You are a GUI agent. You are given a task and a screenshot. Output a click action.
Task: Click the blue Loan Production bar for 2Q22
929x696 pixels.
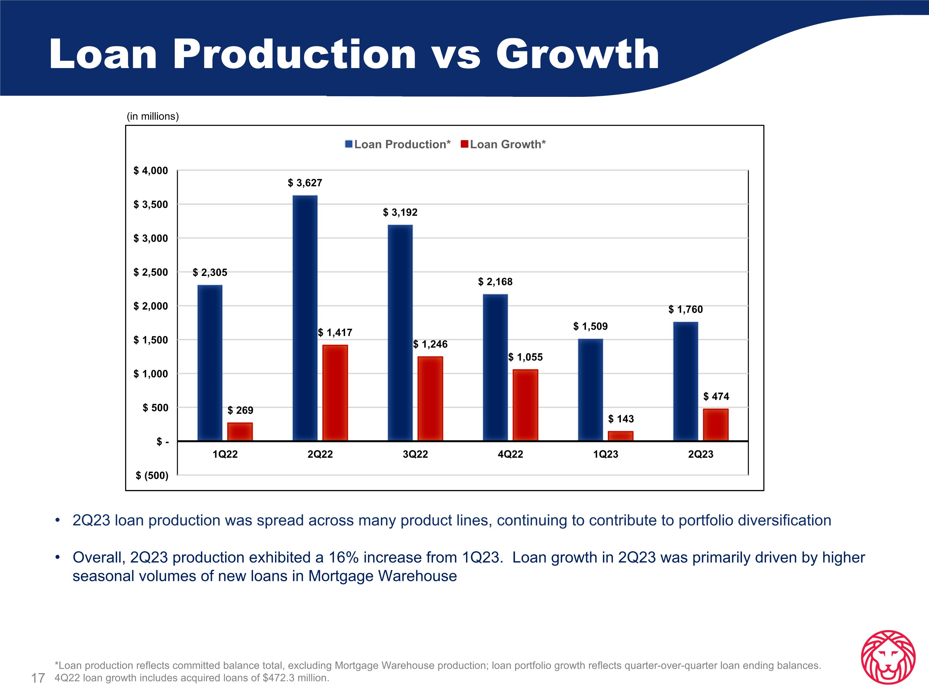pyautogui.click(x=305, y=318)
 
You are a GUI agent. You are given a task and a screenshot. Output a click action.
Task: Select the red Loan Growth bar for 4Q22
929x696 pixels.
pyautogui.click(x=526, y=405)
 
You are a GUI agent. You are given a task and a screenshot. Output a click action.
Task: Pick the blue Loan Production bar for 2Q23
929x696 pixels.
pyautogui.click(x=685, y=381)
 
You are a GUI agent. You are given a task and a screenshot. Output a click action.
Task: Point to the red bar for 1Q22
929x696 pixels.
pyautogui.click(x=240, y=432)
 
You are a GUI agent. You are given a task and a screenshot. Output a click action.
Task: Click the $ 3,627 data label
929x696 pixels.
pyautogui.click(x=305, y=183)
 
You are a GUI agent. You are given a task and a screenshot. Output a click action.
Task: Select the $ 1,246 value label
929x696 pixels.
pyautogui.click(x=430, y=344)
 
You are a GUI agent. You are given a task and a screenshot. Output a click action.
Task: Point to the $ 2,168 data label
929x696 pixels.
pyautogui.click(x=495, y=282)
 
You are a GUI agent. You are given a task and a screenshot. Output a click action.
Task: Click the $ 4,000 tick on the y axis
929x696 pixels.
pyautogui.click(x=151, y=171)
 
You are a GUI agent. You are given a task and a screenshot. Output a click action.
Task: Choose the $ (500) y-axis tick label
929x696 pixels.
pyautogui.click(x=152, y=475)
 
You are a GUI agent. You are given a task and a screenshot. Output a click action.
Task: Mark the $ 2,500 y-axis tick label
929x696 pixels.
pyautogui.click(x=151, y=272)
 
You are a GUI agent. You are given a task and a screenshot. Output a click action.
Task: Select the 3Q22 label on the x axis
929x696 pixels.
pyautogui.click(x=415, y=454)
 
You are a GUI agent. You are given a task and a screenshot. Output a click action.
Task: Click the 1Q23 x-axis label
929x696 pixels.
pyautogui.click(x=606, y=454)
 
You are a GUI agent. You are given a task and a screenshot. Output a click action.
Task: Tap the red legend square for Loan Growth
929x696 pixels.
pyautogui.click(x=464, y=144)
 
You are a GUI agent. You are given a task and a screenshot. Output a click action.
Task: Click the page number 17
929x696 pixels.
pyautogui.click(x=38, y=678)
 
